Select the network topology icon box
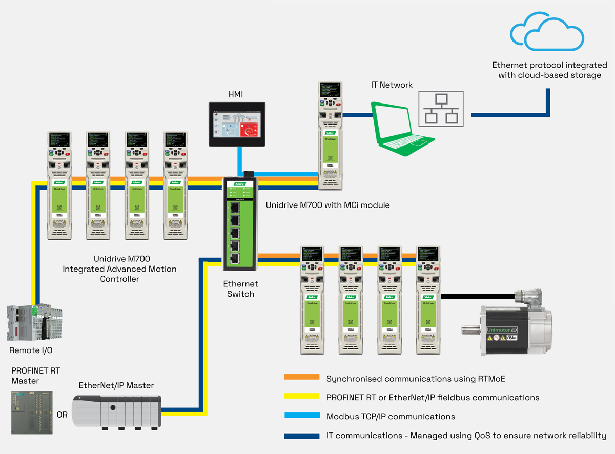click(441, 109)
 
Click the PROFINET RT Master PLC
click(32, 413)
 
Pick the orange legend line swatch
click(301, 377)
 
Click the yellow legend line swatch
click(301, 397)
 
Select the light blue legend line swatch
click(301, 416)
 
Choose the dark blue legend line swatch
click(301, 436)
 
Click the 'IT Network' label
click(392, 85)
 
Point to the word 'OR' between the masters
click(62, 415)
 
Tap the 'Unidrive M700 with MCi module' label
click(327, 205)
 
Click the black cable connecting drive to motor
click(477, 296)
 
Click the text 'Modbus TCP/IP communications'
click(391, 416)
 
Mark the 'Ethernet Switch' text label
click(240, 288)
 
